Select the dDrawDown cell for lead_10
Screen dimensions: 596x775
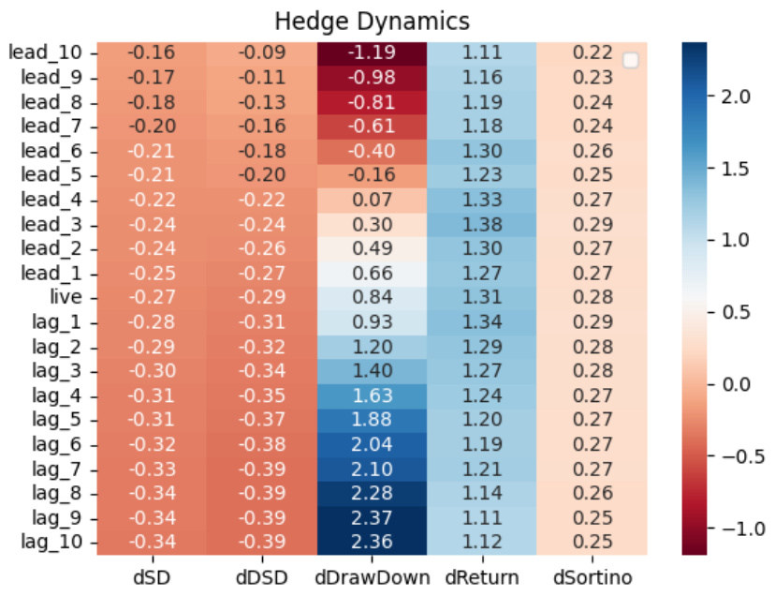coord(373,53)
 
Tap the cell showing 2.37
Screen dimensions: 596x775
coord(373,516)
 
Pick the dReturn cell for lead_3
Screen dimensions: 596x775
coord(482,224)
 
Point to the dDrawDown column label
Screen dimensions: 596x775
coord(373,574)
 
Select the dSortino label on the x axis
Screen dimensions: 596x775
coord(592,574)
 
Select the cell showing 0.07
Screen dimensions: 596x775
coord(373,200)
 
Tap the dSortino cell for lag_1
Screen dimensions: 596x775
coord(592,321)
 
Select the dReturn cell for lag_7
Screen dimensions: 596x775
coord(482,468)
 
